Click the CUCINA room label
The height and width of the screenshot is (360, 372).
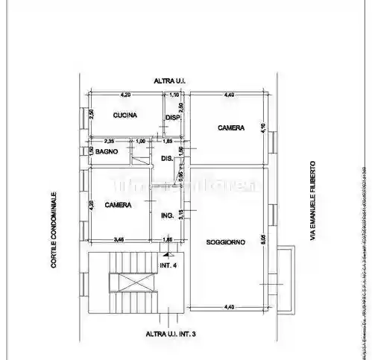point(124,116)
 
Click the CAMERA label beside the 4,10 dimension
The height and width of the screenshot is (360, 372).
point(231,128)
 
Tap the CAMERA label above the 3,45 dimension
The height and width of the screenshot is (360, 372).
point(119,205)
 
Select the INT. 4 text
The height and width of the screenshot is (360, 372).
point(169,265)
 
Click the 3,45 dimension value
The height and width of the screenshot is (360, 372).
point(119,239)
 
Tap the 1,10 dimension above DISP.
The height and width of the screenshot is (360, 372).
point(174,95)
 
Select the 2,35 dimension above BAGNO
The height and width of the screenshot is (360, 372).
point(109,141)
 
